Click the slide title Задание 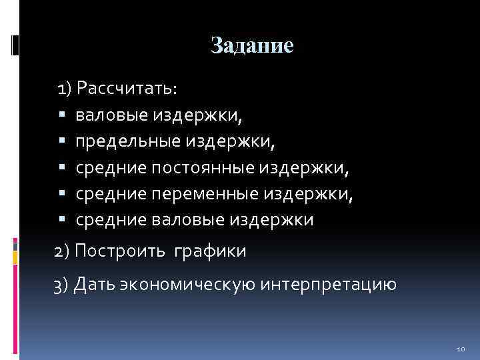pyautogui.click(x=252, y=45)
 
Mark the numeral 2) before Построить pyautogui.click(x=62, y=251)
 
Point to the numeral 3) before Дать pyautogui.click(x=62, y=285)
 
